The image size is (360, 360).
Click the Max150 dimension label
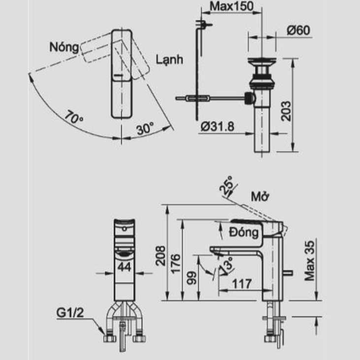click(231, 6)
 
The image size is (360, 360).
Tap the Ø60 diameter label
click(298, 31)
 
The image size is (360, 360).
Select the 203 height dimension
click(286, 111)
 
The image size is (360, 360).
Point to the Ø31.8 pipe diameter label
click(217, 127)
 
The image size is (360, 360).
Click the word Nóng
click(65, 48)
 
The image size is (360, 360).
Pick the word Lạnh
click(169, 60)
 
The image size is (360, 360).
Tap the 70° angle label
click(73, 117)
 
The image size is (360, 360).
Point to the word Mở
click(260, 197)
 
